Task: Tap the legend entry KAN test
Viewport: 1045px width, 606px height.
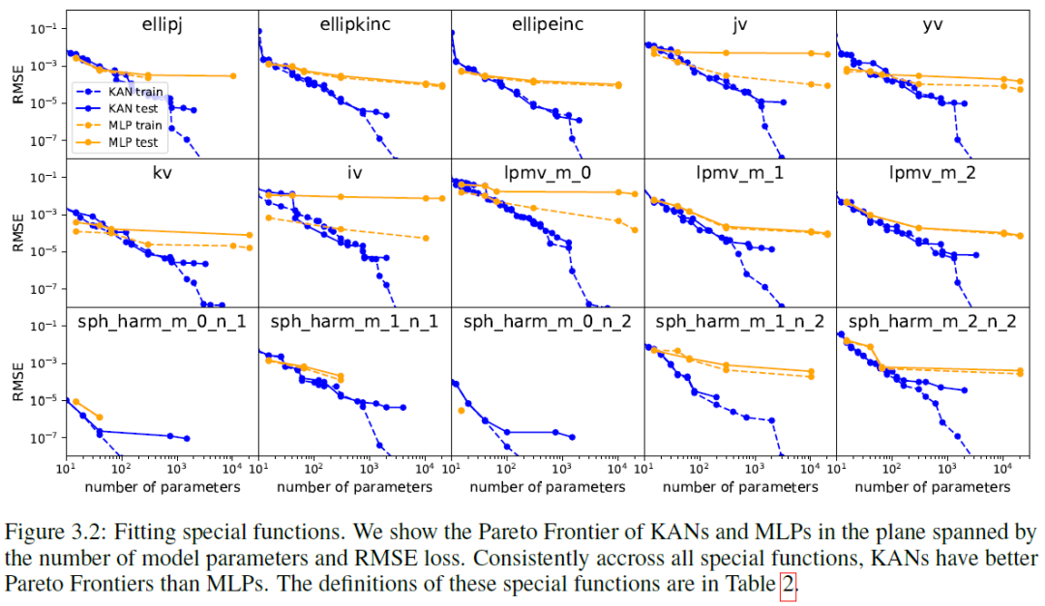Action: click(133, 107)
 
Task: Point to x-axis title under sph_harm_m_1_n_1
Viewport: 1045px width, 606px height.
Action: click(354, 487)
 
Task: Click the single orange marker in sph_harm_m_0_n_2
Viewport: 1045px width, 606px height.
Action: click(462, 411)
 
